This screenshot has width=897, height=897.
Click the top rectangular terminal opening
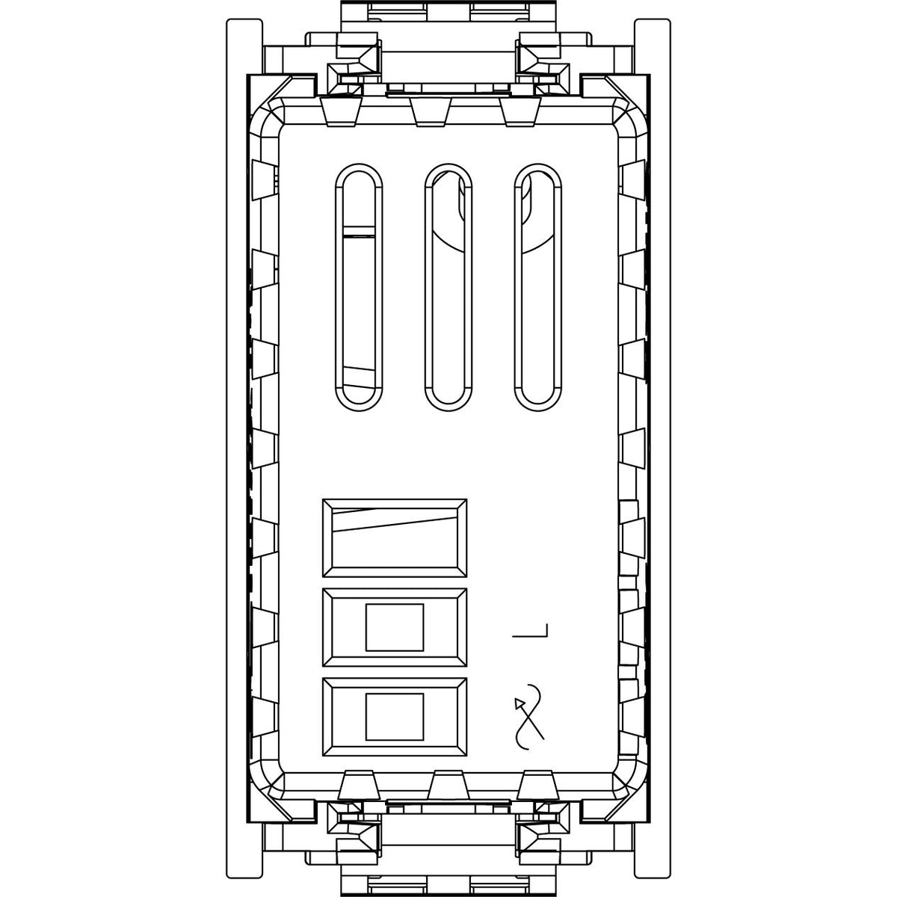tap(395, 538)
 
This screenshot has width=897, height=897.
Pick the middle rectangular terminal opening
tap(395, 627)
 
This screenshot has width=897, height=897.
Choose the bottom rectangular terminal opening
tap(395, 717)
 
